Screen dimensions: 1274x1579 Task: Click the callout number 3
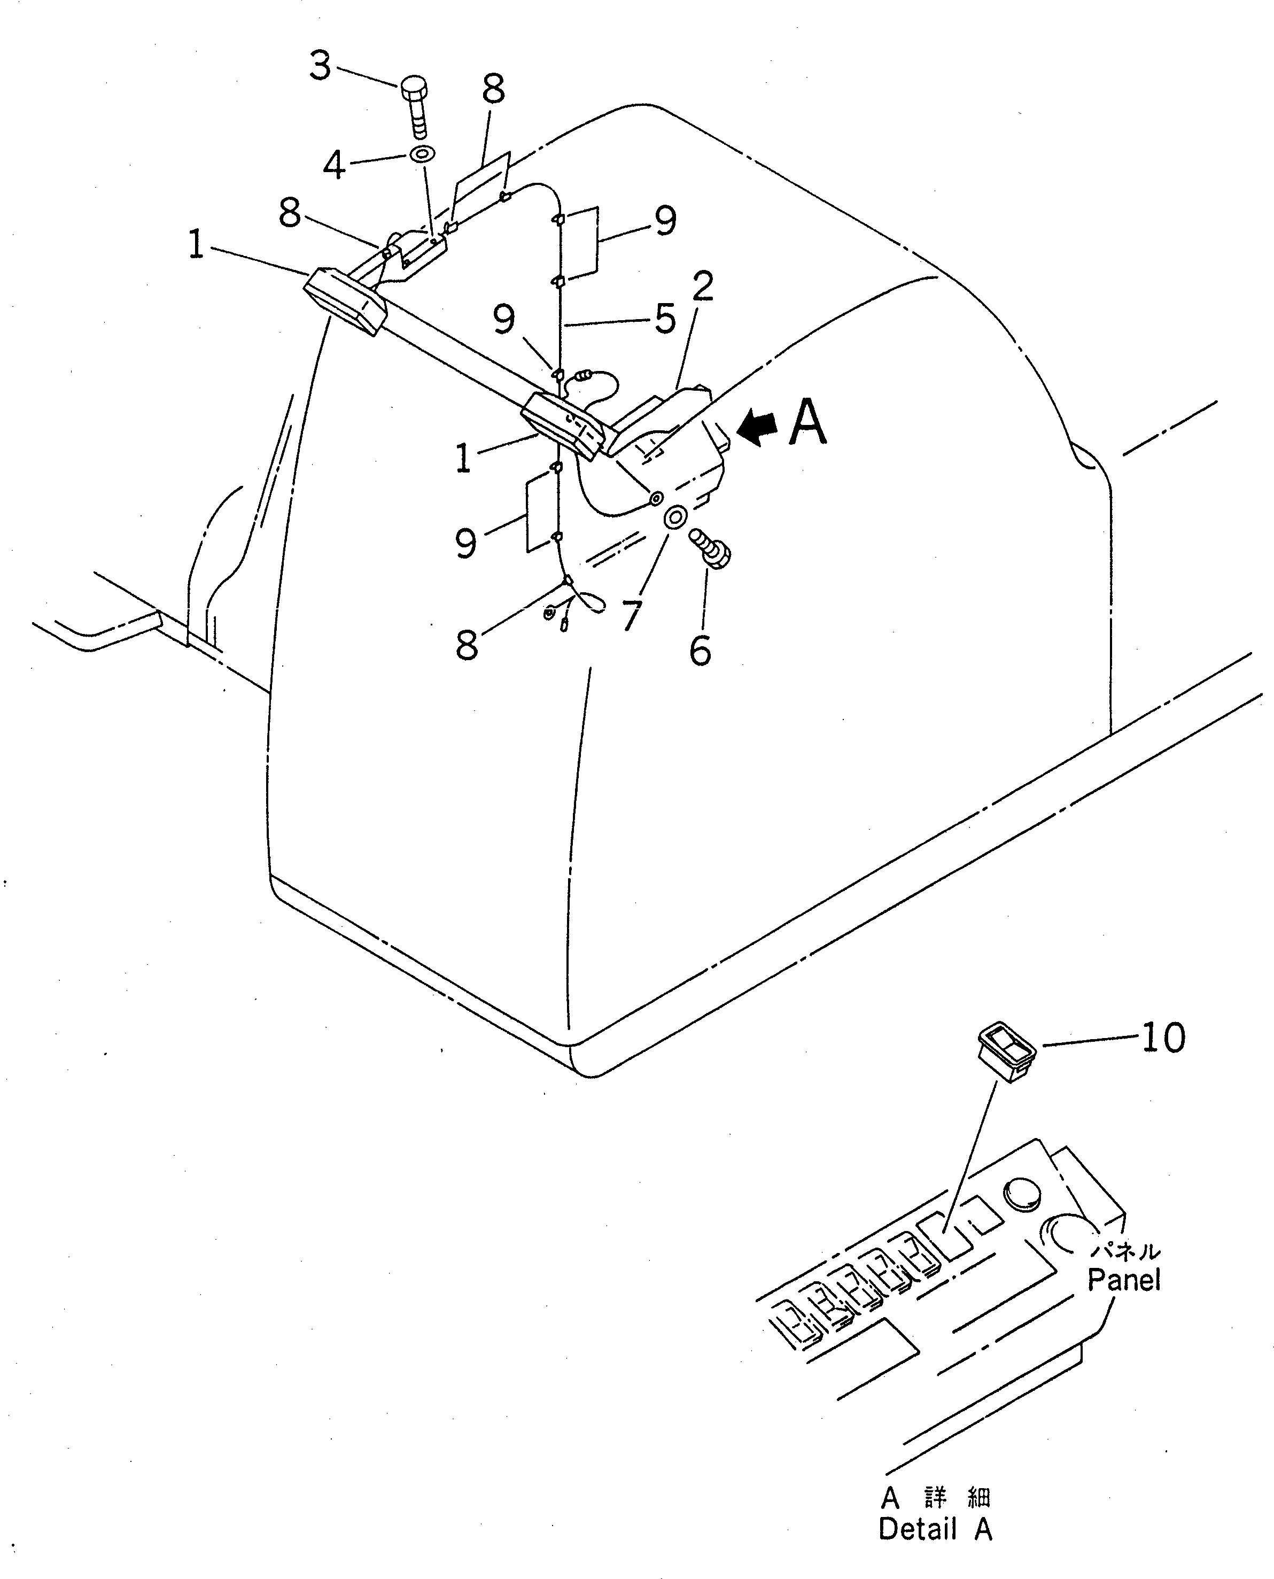pyautogui.click(x=320, y=66)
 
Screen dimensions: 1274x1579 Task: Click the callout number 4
pyautogui.click(x=334, y=165)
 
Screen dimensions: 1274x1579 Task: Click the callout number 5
pyautogui.click(x=665, y=319)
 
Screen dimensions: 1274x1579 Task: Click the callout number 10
pyautogui.click(x=1163, y=1039)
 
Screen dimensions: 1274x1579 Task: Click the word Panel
pyautogui.click(x=1123, y=1280)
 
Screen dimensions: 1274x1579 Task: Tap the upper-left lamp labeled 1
pyautogui.click(x=345, y=301)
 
